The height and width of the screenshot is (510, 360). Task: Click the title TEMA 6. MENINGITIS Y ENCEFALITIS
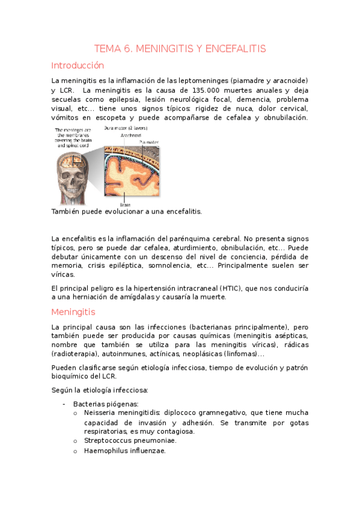(x=180, y=49)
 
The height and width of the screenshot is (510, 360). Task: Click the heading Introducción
(x=78, y=66)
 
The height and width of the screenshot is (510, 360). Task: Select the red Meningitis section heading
(x=73, y=312)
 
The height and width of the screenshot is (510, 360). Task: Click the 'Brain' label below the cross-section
(x=125, y=205)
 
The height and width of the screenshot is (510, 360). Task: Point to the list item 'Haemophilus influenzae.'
(x=125, y=450)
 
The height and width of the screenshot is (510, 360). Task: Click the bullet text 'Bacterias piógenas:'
(x=106, y=404)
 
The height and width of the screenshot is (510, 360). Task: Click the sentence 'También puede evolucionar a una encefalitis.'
(x=127, y=212)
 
